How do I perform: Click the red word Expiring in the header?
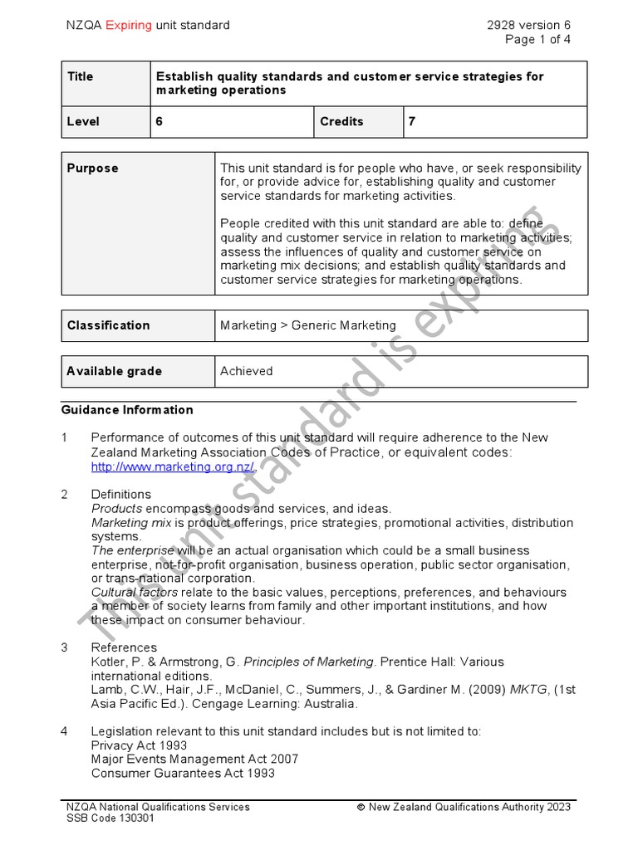tap(128, 25)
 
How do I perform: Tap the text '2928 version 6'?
tap(529, 25)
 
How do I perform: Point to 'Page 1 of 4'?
tap(537, 39)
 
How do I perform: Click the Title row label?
tap(81, 76)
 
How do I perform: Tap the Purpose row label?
tap(92, 168)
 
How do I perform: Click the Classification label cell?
tap(108, 325)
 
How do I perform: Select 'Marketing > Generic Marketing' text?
tap(307, 325)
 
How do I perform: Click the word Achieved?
tap(246, 371)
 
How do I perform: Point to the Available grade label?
tap(114, 371)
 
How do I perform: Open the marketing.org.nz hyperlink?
tap(173, 467)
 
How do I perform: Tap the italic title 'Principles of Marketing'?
tap(308, 662)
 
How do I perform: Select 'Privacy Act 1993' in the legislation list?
tap(139, 745)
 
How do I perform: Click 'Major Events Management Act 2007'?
tap(194, 759)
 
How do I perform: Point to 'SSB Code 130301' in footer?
tap(110, 818)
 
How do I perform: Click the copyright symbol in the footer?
tap(361, 807)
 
